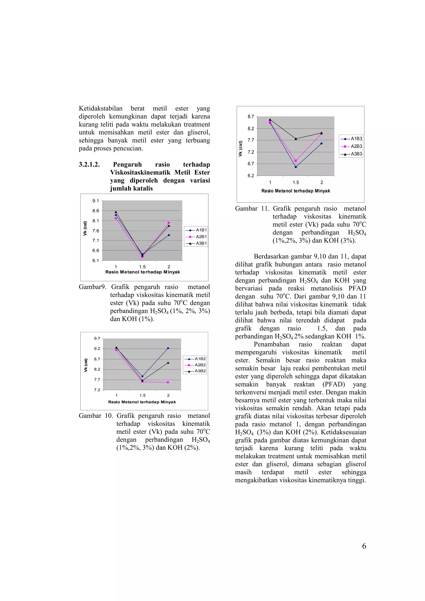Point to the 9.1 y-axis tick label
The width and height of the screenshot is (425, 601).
(x=96, y=201)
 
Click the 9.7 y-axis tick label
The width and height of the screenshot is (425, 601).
(x=97, y=338)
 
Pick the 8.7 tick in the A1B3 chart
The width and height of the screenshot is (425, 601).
(x=251, y=117)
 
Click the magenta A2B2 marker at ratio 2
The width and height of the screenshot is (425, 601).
(x=168, y=382)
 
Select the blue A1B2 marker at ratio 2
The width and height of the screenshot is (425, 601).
(x=168, y=348)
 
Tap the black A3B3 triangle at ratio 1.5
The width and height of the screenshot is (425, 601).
(x=296, y=139)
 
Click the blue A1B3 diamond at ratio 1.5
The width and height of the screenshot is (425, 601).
(x=296, y=167)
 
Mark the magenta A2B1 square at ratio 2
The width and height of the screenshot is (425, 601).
(x=169, y=223)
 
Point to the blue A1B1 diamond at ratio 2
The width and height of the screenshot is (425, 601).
(x=169, y=235)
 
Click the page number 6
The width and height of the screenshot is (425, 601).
(x=364, y=546)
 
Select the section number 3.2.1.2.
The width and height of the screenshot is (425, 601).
(x=89, y=165)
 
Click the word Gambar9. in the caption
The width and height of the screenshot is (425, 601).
(x=92, y=287)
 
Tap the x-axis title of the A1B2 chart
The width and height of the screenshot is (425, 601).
(x=142, y=402)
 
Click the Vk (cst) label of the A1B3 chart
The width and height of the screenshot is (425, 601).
(x=240, y=149)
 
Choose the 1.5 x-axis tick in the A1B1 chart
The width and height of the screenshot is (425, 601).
(x=142, y=267)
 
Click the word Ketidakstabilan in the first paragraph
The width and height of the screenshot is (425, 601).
(x=101, y=109)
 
